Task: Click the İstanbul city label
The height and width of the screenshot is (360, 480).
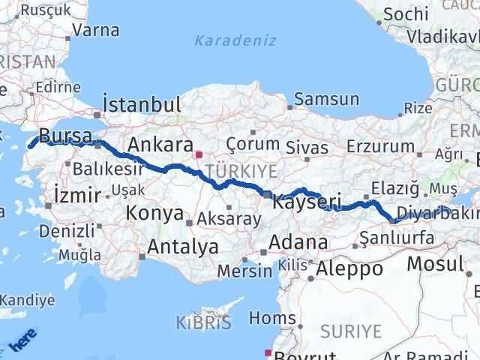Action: tap(141, 104)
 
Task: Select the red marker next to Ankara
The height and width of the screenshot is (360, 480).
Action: tap(198, 156)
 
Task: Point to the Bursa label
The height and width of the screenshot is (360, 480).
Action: tap(65, 136)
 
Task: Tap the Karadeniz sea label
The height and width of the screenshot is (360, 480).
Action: tap(235, 40)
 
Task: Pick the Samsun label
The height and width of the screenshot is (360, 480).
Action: tap(326, 98)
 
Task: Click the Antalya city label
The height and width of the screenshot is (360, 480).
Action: tap(183, 246)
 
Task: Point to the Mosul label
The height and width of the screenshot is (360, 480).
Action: tap(435, 263)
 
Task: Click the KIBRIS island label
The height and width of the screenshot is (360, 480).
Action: tap(203, 324)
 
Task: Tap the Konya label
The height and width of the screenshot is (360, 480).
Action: tap(154, 213)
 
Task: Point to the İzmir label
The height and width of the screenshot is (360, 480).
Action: tap(78, 195)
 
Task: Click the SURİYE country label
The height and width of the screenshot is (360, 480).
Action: tap(351, 331)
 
